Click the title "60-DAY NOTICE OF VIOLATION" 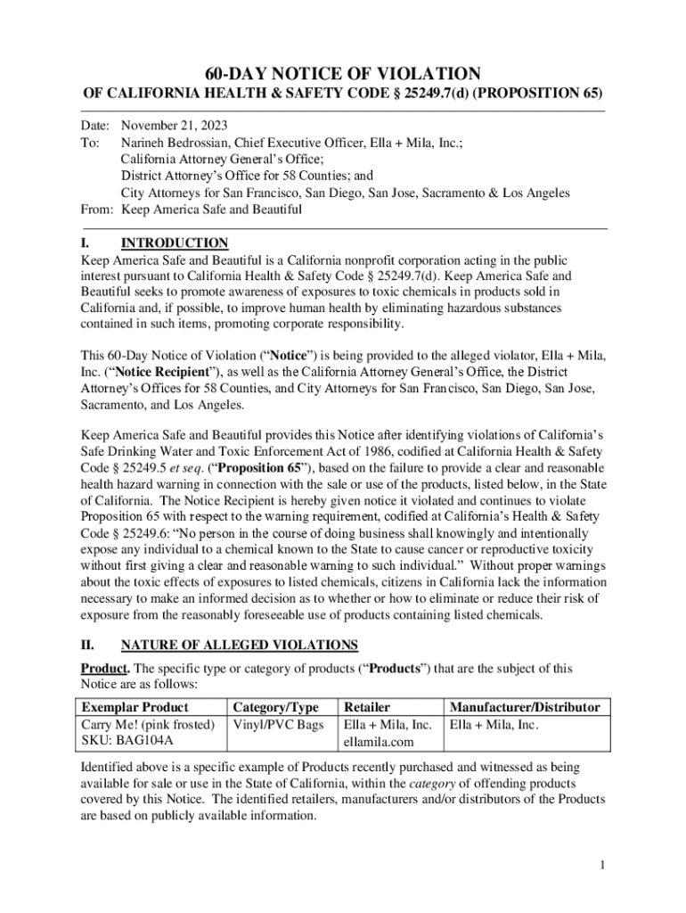343,74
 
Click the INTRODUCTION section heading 175,243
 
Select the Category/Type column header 275,707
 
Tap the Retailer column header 367,707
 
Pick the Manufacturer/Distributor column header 525,707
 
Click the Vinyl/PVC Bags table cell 278,724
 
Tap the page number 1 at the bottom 603,865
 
